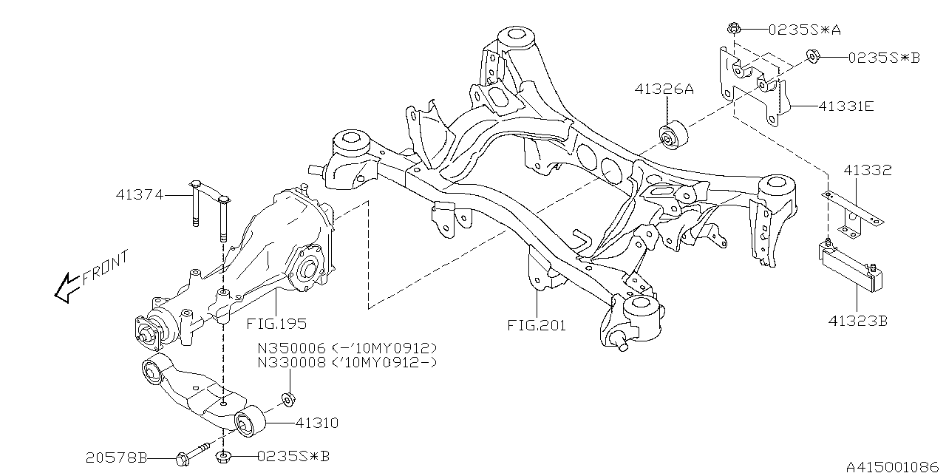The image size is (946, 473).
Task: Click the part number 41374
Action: point(139,196)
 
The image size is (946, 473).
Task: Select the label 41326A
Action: point(663,89)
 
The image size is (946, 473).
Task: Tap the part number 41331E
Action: point(845,106)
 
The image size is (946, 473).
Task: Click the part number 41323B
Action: point(857,322)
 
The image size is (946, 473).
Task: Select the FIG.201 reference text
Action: point(537,324)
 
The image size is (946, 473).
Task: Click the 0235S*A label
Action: point(804,30)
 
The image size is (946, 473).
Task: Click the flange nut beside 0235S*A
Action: point(734,30)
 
